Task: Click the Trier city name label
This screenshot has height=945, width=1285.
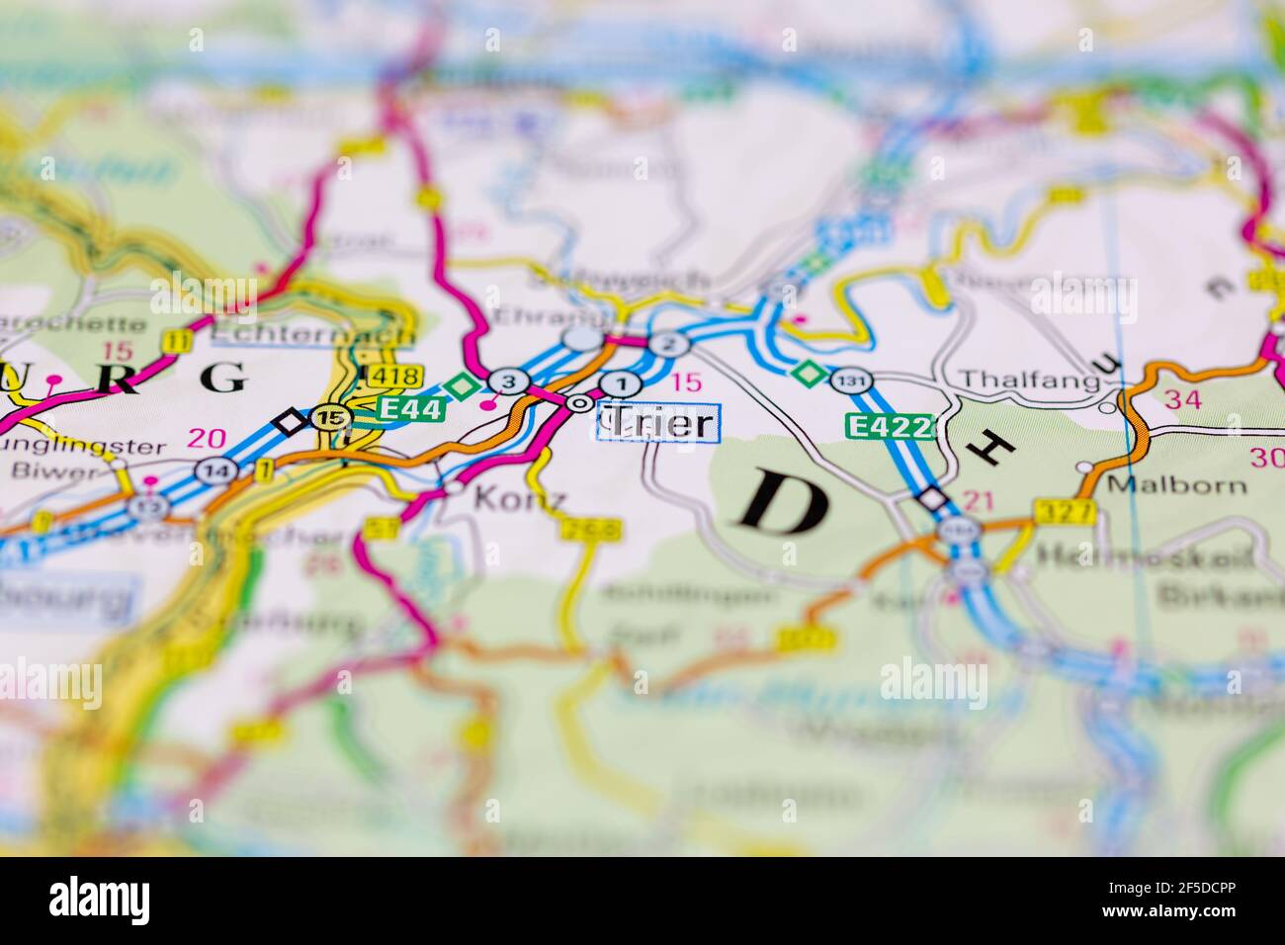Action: point(659,423)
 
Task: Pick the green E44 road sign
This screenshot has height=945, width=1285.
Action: point(409,406)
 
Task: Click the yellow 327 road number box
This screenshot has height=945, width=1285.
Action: point(1067,511)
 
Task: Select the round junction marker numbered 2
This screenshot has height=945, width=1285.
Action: point(669,344)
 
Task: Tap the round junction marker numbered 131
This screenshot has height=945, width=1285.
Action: point(851,380)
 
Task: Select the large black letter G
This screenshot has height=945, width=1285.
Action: point(224,378)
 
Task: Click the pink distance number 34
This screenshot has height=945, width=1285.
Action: point(1184,399)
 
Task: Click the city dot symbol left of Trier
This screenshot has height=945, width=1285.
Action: point(578,402)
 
